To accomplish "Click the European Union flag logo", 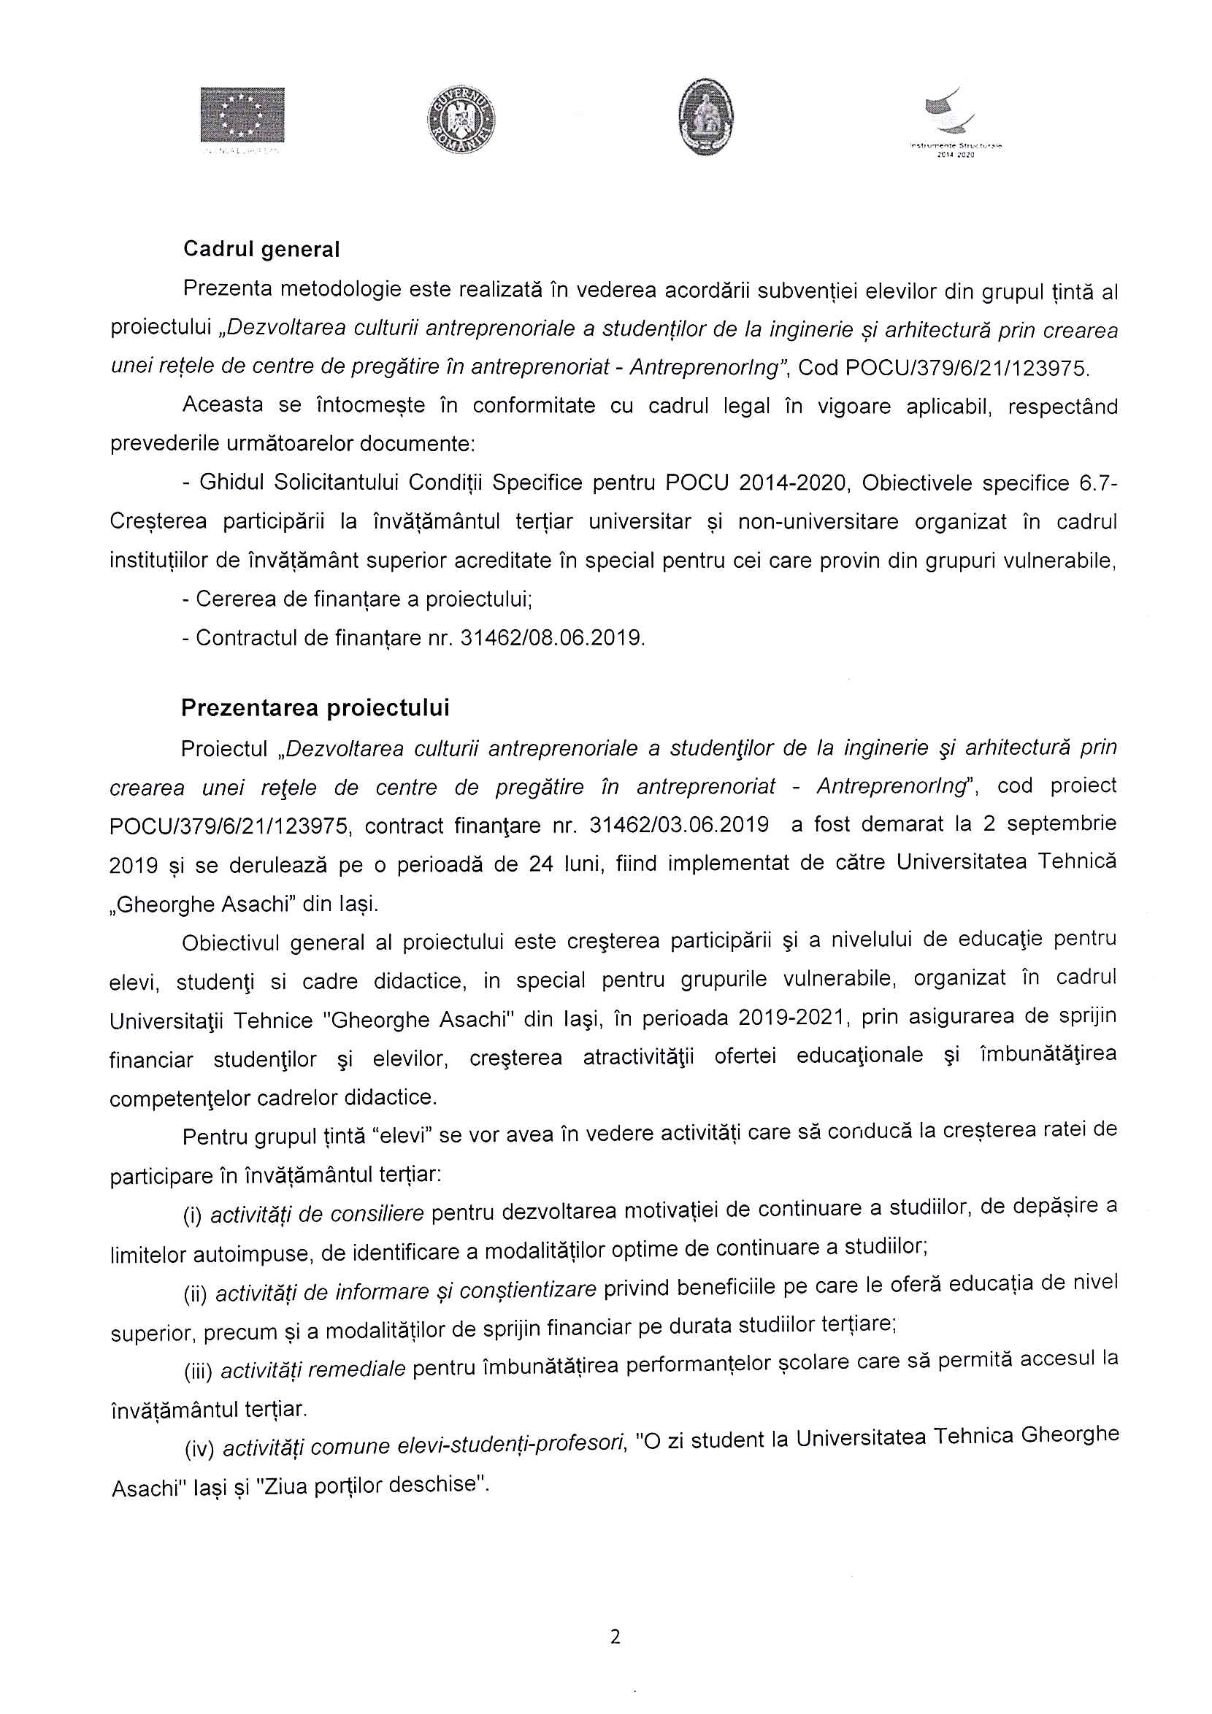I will coord(242,115).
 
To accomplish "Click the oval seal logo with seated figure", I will coord(706,118).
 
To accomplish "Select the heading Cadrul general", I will coord(261,250).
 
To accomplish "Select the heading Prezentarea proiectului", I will coord(315,707).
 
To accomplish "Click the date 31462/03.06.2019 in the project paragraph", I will coord(679,824).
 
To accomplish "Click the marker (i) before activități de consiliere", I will coord(193,1217).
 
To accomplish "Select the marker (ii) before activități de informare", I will coord(195,1294).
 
